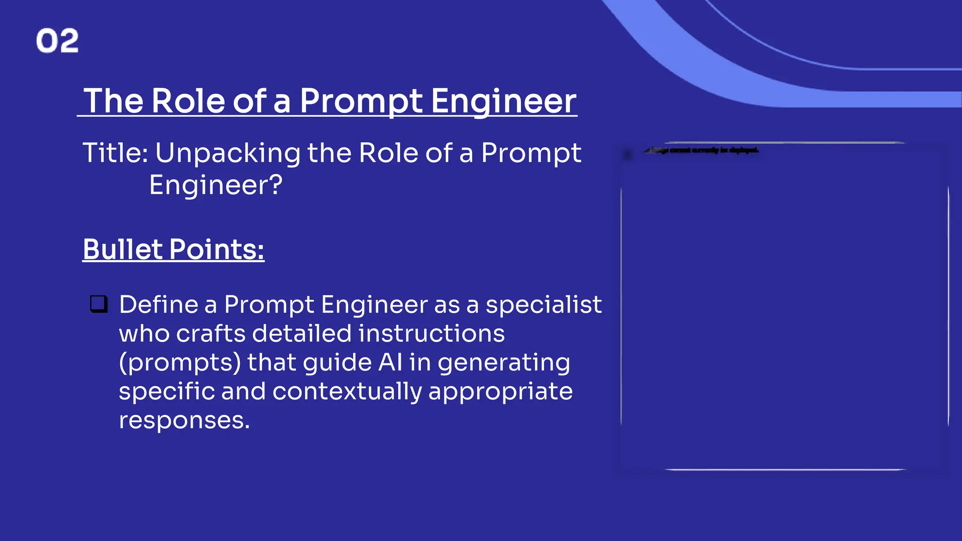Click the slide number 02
57,40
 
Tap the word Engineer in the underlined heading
504,101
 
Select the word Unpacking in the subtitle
227,154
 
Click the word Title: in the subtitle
116,154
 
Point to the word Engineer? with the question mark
216,185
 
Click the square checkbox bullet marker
99,304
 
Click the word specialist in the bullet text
543,304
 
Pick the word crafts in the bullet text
211,333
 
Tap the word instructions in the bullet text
431,333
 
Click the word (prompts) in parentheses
180,363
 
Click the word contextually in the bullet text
347,392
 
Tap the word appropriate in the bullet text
500,392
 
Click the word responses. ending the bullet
184,420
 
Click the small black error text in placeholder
702,150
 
